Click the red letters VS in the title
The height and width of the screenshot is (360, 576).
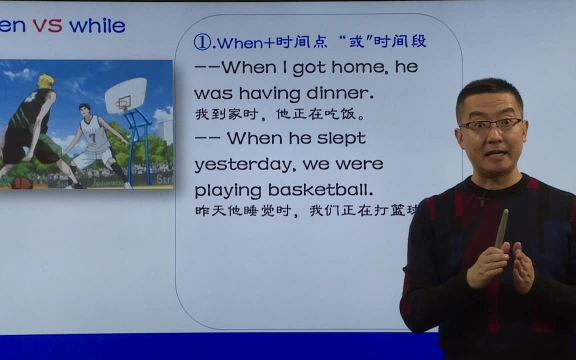47,25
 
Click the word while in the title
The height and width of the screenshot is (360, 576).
97,25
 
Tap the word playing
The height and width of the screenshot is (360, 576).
228,191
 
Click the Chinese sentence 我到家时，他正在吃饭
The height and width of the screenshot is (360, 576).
280,114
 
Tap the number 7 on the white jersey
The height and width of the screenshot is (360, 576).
92,137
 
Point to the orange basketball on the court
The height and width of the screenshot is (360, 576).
21,183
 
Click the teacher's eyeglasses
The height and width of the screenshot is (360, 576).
490,125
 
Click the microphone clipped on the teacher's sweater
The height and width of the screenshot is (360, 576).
483,200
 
